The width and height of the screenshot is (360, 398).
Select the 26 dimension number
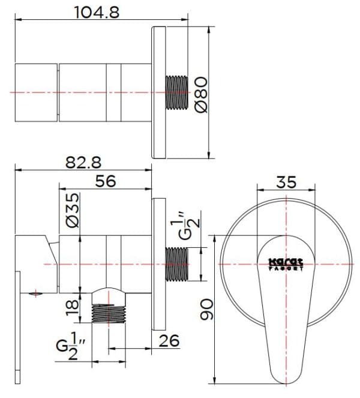click(x=170, y=340)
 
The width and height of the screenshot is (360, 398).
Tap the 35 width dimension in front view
click(x=286, y=181)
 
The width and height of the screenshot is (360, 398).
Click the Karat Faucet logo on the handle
click(x=286, y=264)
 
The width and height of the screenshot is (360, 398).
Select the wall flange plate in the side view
click(x=158, y=264)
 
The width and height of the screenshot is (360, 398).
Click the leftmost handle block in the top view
click(x=36, y=92)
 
